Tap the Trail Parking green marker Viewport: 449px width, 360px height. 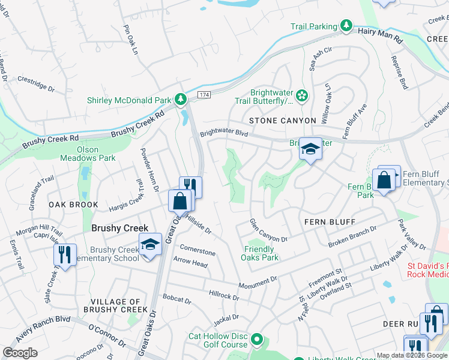point(346,26)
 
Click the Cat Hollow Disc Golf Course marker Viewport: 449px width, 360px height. point(258,340)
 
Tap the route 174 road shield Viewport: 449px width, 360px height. point(204,95)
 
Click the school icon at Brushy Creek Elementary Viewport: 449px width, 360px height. point(149,244)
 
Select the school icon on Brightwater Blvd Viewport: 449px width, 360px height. point(310,148)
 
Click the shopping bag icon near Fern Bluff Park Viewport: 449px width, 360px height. point(383,180)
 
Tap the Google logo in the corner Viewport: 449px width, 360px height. point(20,353)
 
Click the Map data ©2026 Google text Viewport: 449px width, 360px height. point(412,355)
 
